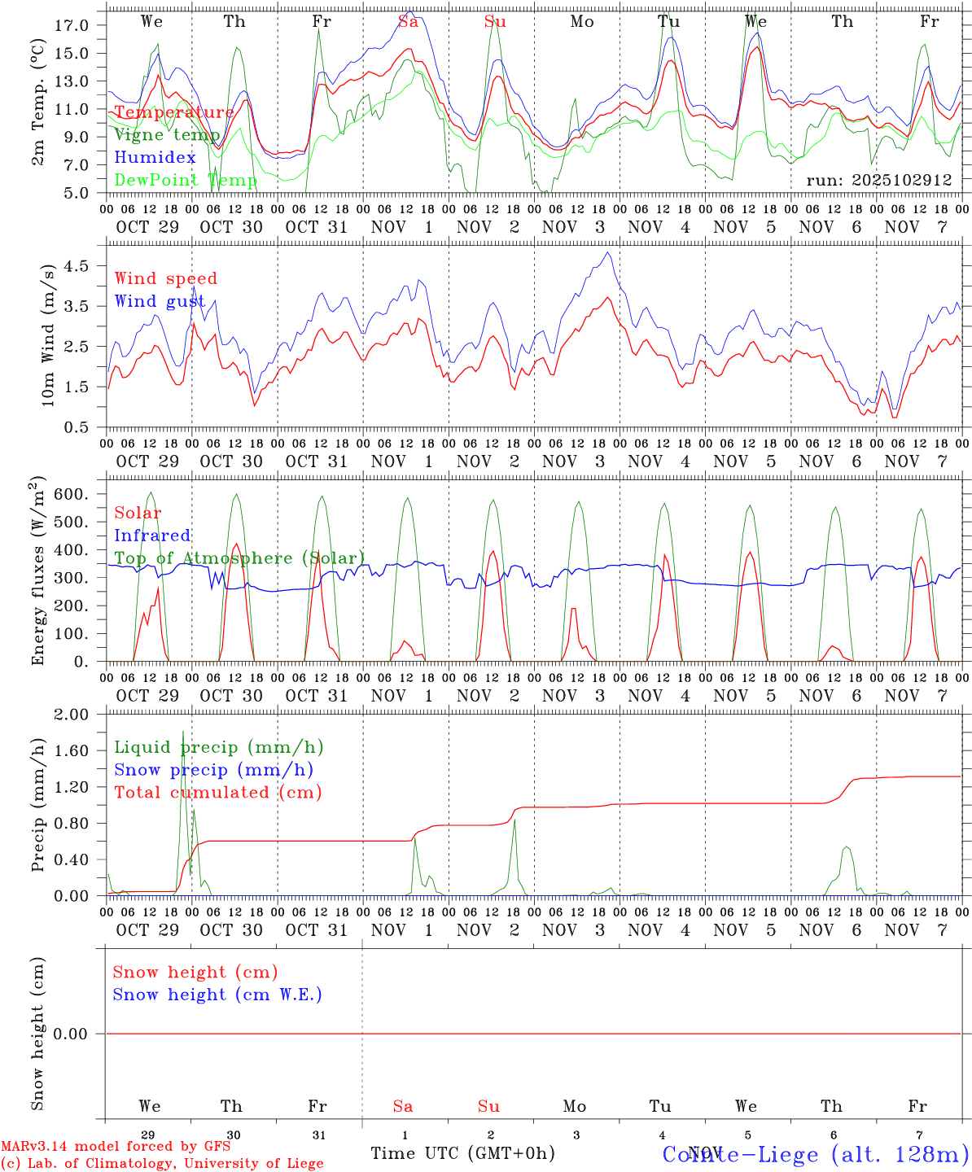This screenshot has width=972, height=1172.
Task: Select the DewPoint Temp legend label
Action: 186,180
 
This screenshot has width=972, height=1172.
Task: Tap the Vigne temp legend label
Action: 166,134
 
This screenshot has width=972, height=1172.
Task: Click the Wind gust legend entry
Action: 160,301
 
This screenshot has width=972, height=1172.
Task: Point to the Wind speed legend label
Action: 165,278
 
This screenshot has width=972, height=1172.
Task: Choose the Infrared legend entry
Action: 152,536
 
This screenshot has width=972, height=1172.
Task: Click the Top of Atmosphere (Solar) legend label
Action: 239,558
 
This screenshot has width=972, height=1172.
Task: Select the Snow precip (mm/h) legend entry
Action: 213,770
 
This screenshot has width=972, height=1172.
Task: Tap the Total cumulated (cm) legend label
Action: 217,793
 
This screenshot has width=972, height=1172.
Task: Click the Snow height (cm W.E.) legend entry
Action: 217,995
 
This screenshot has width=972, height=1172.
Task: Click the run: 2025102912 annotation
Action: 878,181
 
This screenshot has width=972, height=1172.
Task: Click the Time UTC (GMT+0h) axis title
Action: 462,1153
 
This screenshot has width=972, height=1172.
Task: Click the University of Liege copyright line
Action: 162,1163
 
